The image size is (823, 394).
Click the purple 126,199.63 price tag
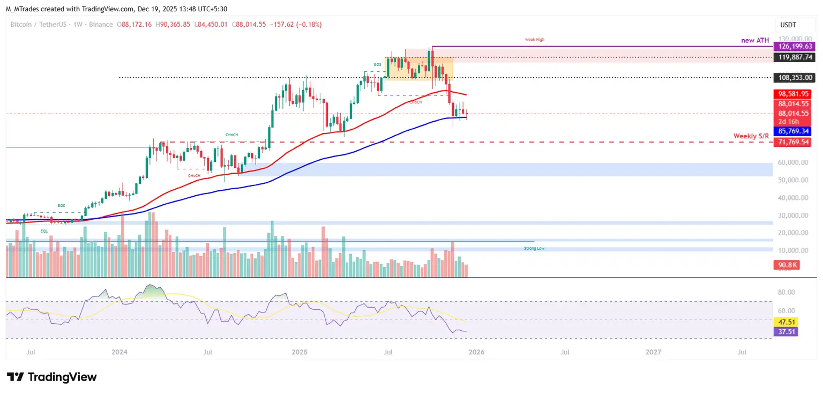tap(794, 47)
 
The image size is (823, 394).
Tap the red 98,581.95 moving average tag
tap(794, 94)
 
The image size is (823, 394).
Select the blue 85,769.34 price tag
tap(794, 131)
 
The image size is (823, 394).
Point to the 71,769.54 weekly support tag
tap(794, 142)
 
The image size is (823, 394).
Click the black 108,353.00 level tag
tap(794, 78)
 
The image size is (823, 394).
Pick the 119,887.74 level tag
tap(794, 56)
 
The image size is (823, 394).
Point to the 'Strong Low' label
tap(534, 249)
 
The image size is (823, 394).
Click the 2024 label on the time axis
tap(119, 352)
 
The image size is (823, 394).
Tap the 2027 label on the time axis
tap(653, 352)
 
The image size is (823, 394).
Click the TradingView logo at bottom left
tap(52, 377)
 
